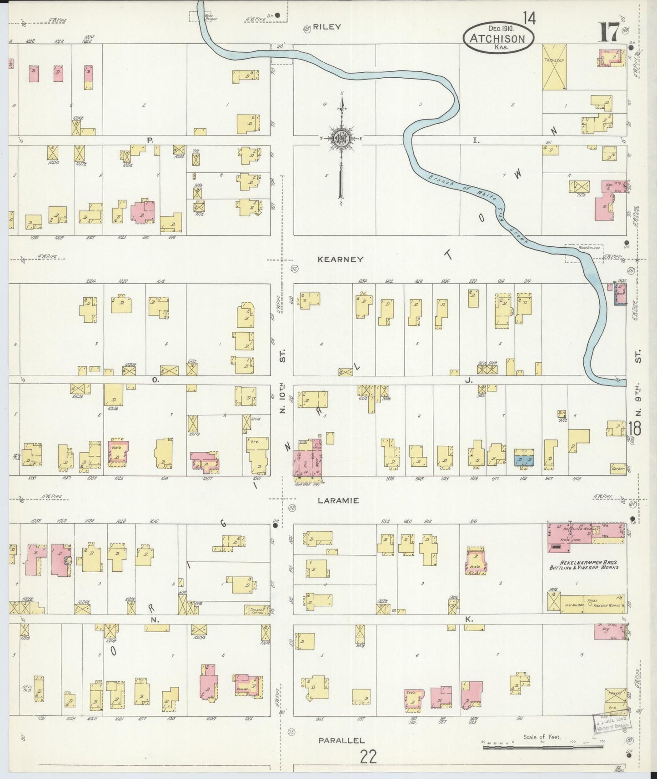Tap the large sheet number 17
[609, 32]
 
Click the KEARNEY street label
[340, 259]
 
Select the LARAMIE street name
[338, 500]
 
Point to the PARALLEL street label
[341, 740]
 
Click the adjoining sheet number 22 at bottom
[368, 757]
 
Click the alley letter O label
[155, 380]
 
